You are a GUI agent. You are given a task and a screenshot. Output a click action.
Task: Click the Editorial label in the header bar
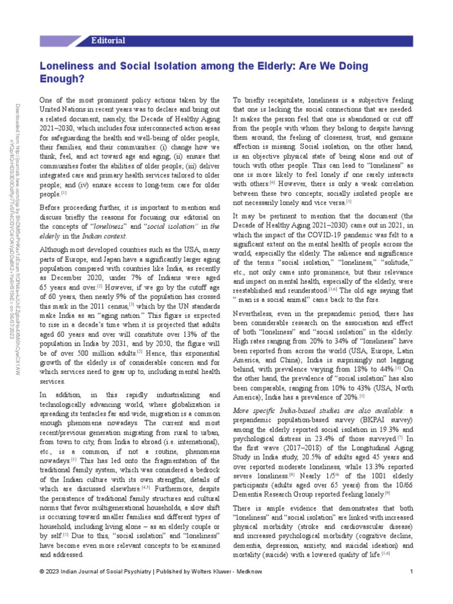[109, 41]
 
